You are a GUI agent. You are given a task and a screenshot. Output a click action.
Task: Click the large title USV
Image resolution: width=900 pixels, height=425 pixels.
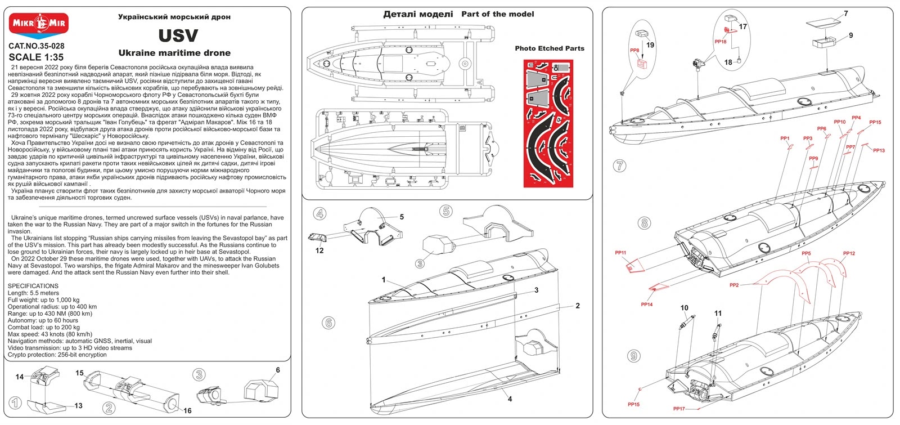pos(178,35)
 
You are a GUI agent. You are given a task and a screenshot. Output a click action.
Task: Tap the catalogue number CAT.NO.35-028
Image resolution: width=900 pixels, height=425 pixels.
pos(37,46)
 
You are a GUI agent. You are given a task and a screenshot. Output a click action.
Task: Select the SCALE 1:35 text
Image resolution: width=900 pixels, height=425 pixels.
pos(36,57)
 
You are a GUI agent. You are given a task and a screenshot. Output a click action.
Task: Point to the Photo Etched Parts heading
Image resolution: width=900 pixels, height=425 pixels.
pos(549,48)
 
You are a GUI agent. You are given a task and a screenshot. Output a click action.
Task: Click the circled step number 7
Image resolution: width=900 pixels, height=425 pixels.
pos(620,165)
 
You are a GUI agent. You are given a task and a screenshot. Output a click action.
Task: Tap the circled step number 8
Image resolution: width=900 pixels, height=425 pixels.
pos(645,222)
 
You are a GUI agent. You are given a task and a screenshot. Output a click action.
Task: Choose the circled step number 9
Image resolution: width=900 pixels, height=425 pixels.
pos(634,356)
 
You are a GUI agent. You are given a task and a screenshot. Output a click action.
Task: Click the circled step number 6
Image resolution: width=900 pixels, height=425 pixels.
pos(328,323)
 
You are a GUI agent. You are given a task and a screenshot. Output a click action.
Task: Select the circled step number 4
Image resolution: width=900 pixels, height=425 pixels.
pos(319,213)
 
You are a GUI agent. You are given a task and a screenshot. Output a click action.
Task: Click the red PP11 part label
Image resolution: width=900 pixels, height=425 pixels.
pos(620,253)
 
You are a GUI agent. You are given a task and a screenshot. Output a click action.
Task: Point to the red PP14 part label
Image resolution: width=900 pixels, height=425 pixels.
pos(646,305)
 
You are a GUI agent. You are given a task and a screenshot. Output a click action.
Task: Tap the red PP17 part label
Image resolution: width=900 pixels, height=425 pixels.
pos(679,409)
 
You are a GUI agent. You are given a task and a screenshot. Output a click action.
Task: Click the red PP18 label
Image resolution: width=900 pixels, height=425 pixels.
pos(720,42)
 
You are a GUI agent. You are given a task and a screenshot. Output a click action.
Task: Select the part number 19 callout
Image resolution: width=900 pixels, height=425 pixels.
pos(650,45)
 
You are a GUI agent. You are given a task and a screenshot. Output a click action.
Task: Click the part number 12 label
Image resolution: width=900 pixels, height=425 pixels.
pos(319,250)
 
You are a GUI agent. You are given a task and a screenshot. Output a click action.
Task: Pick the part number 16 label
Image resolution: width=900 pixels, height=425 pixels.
pos(187,411)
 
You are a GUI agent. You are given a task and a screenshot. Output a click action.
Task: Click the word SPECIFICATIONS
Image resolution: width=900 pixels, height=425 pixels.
pos(33,286)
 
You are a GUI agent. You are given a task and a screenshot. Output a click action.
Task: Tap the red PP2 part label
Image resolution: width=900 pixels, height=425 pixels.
pos(734,285)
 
